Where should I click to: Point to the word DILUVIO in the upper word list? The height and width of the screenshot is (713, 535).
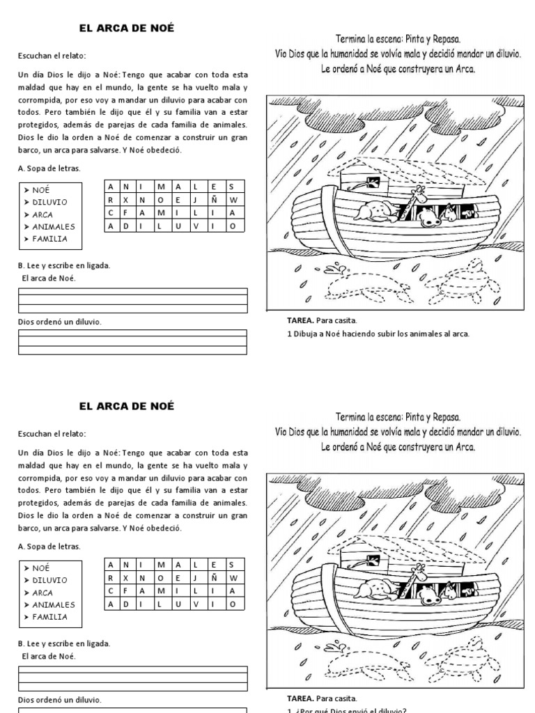tap(49, 202)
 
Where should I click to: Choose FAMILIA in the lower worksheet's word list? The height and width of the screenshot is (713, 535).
tap(49, 617)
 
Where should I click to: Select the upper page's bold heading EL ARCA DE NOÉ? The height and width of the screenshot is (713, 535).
tap(126, 29)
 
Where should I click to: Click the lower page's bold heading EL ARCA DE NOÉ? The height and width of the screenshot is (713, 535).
tap(126, 406)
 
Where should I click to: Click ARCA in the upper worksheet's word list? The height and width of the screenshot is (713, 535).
tap(42, 214)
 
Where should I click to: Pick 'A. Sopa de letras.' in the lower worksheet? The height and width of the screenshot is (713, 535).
tap(49, 546)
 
